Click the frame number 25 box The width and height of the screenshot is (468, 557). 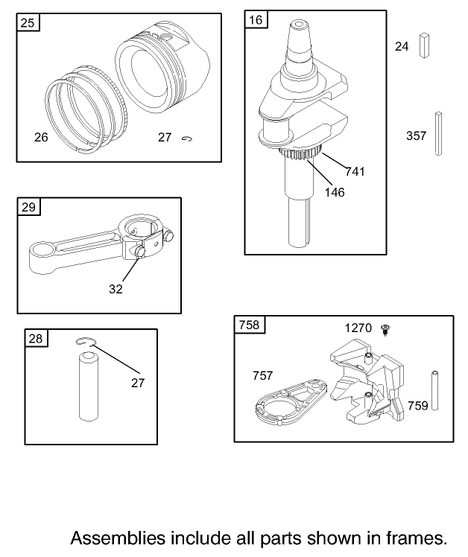28,23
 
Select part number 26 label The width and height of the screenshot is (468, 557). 41,137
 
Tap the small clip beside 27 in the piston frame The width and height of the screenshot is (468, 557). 187,139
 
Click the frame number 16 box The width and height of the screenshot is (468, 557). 256,19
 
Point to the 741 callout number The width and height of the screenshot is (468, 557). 355,171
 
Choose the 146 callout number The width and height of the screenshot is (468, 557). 335,192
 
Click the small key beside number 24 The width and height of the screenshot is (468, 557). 424,45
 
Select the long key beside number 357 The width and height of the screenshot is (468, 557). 438,133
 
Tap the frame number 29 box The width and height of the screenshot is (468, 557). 29,207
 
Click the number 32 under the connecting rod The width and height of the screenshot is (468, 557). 116,289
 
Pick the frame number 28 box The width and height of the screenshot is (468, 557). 36,338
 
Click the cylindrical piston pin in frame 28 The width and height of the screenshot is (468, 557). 88,386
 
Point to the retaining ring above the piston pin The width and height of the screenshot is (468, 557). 86,341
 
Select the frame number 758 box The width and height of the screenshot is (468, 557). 250,325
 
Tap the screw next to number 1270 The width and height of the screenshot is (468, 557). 385,330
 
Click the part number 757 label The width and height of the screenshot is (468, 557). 262,375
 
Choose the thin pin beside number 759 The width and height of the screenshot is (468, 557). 434,390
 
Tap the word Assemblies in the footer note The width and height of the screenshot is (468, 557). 118,538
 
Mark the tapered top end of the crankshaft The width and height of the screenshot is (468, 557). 299,39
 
